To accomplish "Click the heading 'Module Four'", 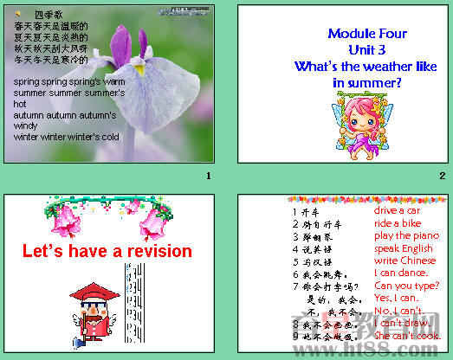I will pos(367,34).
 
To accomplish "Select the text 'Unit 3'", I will pos(367,49).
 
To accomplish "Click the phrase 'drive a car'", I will pos(397,210).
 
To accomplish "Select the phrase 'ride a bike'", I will pos(398,223).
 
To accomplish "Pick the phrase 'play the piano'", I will pos(405,235).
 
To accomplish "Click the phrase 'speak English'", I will pos(403,248).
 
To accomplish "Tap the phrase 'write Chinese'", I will pos(404,260).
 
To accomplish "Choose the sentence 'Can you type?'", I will pos(404,286).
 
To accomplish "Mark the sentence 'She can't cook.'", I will pos(407,336).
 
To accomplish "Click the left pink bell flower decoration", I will pos(63,222).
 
